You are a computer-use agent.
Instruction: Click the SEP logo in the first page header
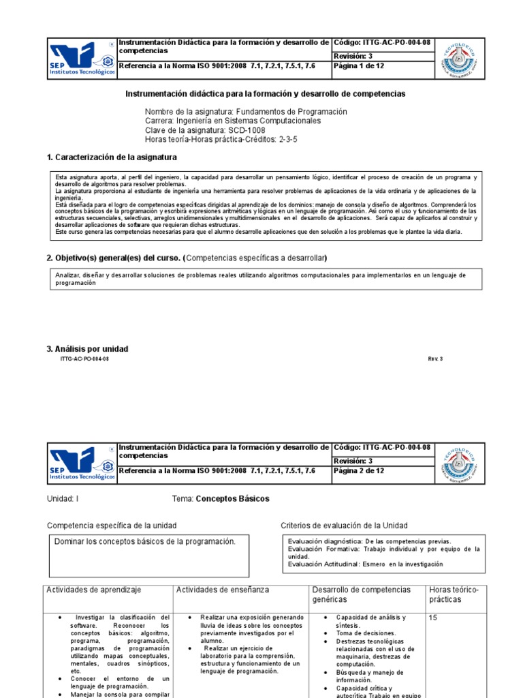point(82,59)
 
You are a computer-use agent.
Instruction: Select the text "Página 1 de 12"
point(359,67)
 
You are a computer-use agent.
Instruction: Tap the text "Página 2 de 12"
point(359,470)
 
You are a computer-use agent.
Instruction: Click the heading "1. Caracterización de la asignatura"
point(112,157)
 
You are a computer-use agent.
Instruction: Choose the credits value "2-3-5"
point(287,140)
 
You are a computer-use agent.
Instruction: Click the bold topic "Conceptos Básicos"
point(232,499)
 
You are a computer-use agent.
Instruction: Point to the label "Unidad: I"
point(63,499)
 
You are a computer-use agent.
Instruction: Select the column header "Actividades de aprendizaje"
point(94,590)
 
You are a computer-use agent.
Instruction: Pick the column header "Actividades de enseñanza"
point(223,590)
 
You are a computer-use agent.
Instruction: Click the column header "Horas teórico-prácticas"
point(454,594)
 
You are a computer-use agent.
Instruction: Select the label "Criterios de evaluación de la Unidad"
point(344,526)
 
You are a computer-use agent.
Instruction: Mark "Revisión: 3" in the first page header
point(352,56)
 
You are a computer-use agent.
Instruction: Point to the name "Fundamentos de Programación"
point(291,112)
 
